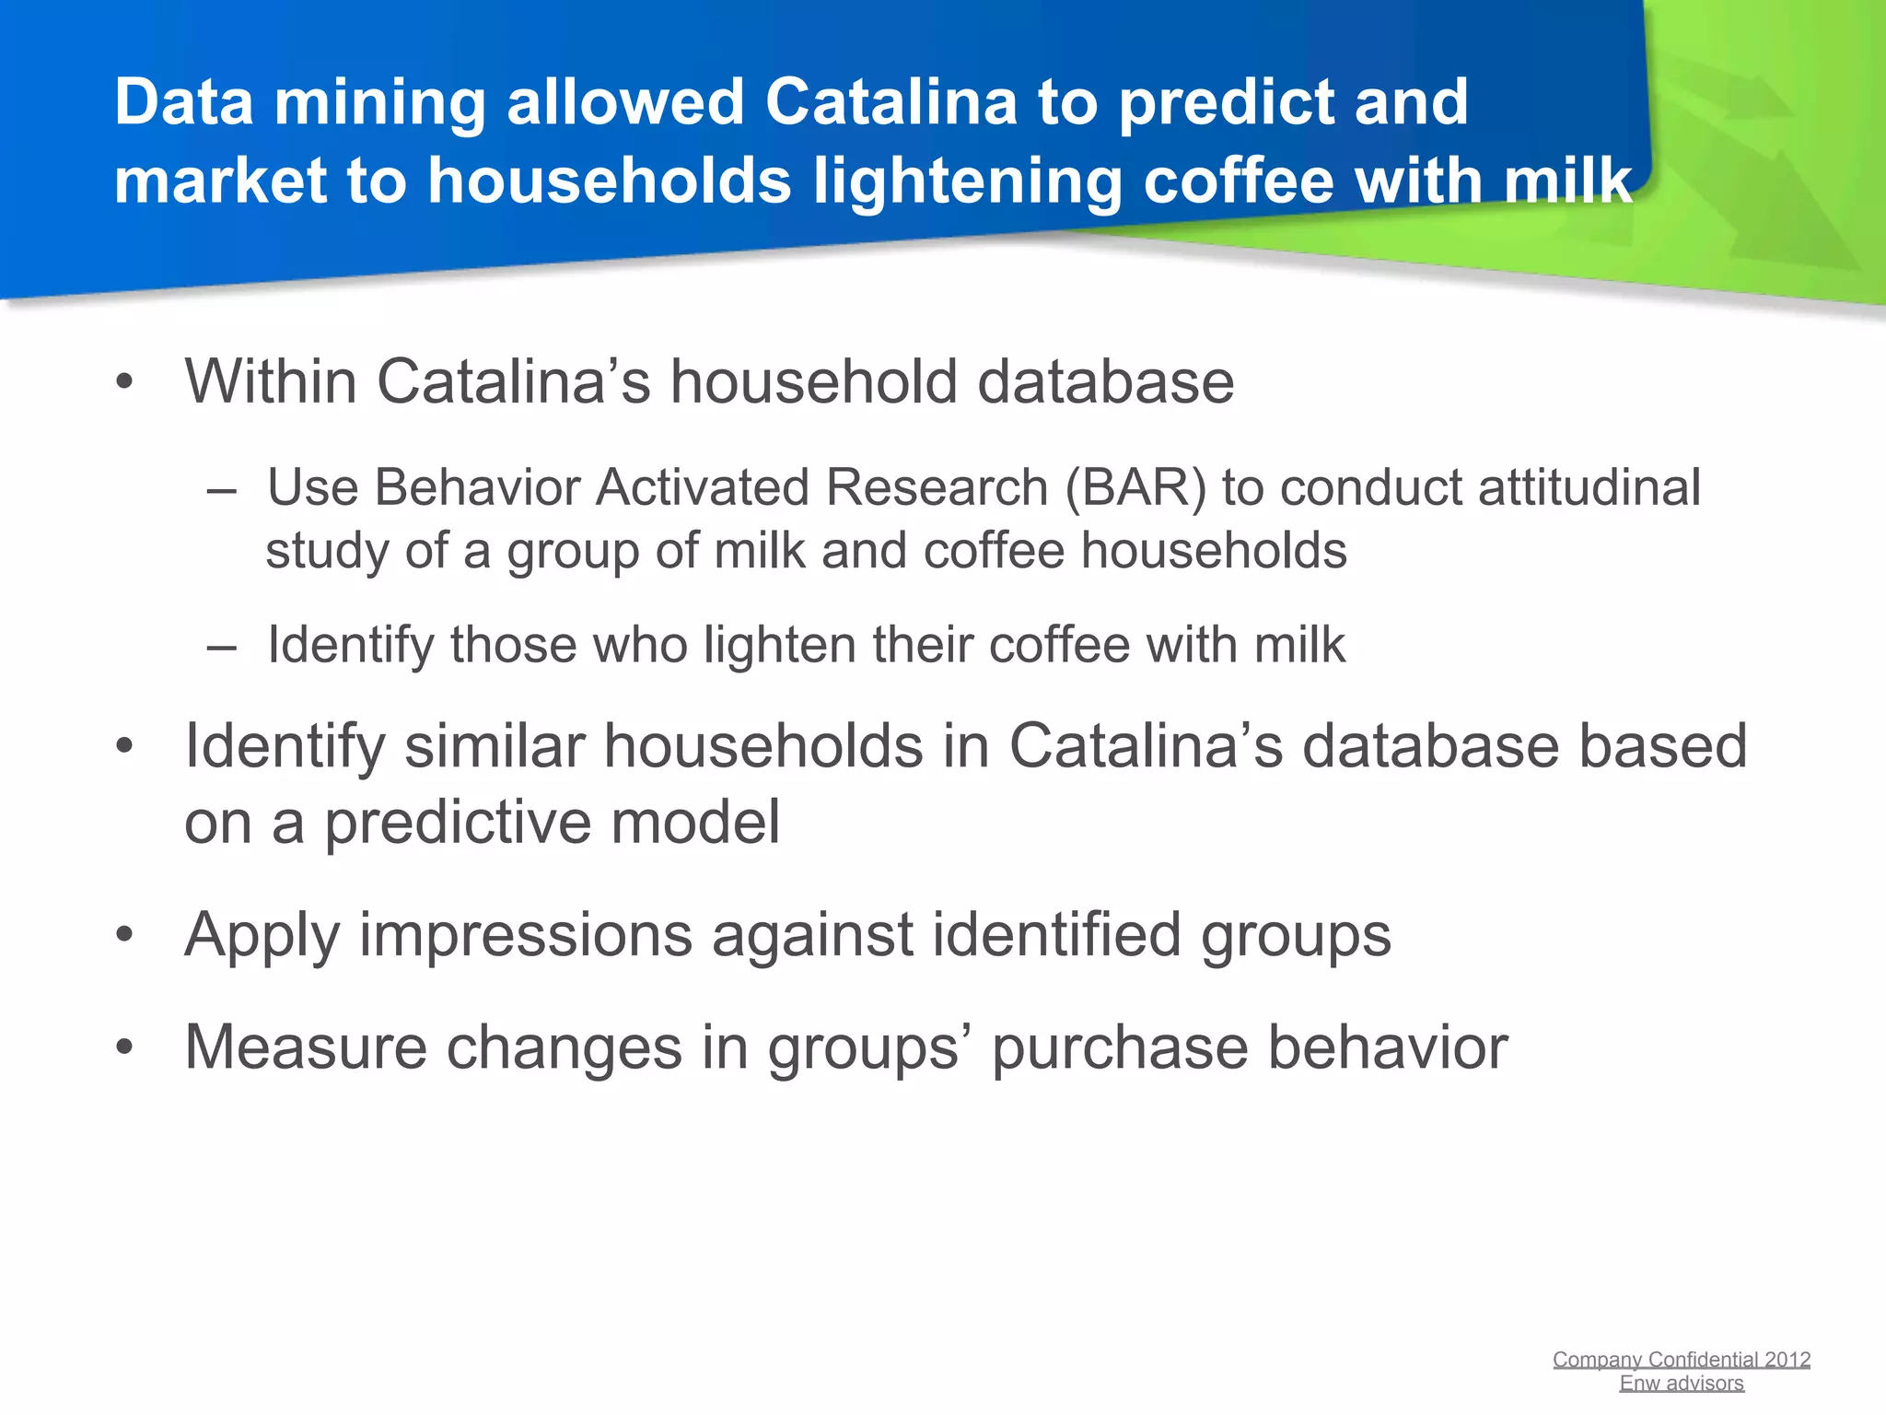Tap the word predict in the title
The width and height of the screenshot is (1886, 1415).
(x=1224, y=103)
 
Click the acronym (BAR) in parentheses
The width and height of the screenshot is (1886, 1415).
(x=1135, y=487)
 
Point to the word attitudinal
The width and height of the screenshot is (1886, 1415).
(x=1589, y=487)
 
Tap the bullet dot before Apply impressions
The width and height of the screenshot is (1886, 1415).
(x=125, y=936)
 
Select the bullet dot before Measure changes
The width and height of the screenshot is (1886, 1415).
(x=125, y=1048)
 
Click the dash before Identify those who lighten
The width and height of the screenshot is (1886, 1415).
(x=222, y=646)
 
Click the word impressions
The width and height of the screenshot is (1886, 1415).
(x=525, y=936)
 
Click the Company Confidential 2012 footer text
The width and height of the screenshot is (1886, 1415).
(x=1681, y=1360)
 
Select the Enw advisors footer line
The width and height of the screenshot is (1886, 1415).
(x=1681, y=1384)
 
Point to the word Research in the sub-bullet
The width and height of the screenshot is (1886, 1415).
(x=936, y=487)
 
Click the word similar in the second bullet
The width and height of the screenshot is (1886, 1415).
(x=494, y=746)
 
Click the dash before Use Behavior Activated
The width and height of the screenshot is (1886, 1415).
(x=222, y=488)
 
